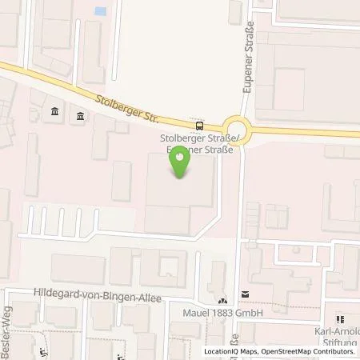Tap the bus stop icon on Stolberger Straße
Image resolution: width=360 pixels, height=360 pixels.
click(x=198, y=126)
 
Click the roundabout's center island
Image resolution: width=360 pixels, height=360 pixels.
click(x=236, y=126)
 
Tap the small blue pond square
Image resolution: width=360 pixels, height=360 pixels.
click(x=100, y=12)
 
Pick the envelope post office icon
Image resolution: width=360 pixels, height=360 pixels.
click(x=245, y=294)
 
